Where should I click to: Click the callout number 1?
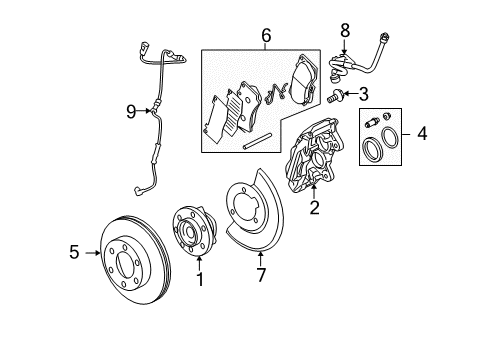tap(198, 280)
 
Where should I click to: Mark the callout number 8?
tap(344, 30)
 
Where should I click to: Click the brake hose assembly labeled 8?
tap(360, 60)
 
